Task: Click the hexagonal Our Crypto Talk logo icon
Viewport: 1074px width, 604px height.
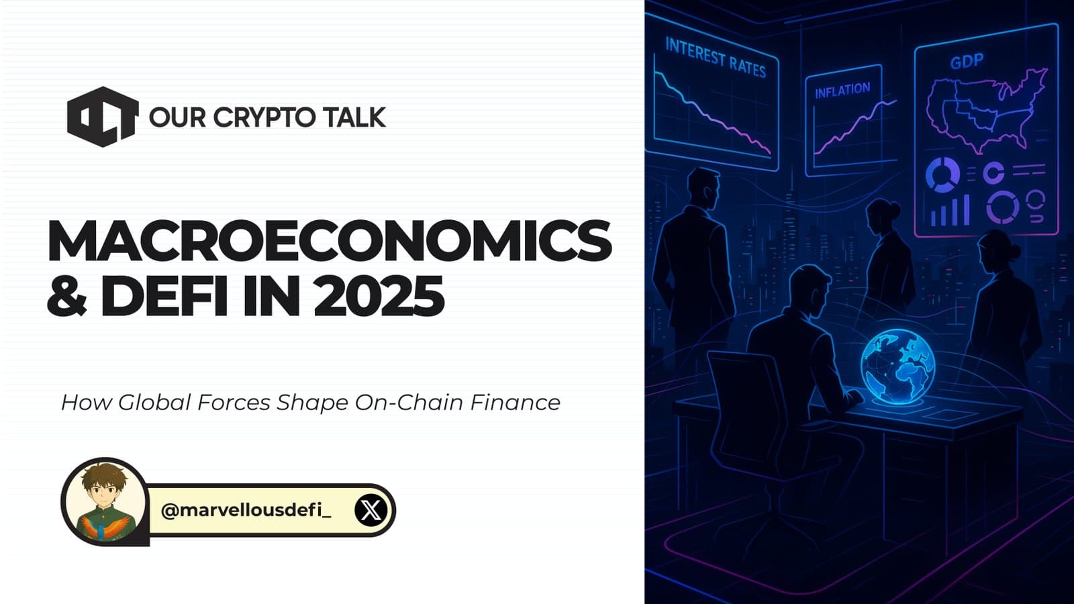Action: (103, 117)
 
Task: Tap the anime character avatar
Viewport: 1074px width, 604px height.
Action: (105, 501)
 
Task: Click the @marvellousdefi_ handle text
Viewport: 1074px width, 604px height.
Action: (246, 511)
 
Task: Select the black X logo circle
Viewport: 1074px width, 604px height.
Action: (371, 511)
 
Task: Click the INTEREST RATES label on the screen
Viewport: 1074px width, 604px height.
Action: (716, 58)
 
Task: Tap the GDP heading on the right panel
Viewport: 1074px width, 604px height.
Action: (967, 62)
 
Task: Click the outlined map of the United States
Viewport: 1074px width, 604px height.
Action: (984, 111)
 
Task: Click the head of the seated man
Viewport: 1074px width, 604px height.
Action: (809, 289)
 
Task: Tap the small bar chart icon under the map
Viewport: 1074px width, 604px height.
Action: (950, 209)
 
